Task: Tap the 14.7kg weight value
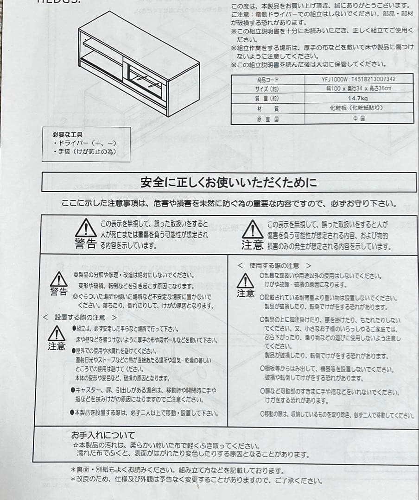tap(358, 98)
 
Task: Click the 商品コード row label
tap(267, 80)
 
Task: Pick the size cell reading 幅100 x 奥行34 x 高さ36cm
tap(358, 88)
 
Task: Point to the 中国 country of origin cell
tap(358, 118)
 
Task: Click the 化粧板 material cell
tap(358, 108)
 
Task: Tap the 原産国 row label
tap(267, 119)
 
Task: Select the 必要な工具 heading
tap(68, 135)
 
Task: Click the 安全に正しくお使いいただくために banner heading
tap(229, 182)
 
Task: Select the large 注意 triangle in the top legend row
tap(253, 230)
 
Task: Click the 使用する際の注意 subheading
tap(274, 266)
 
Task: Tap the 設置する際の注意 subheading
tap(79, 318)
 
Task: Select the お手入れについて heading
tap(103, 435)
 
